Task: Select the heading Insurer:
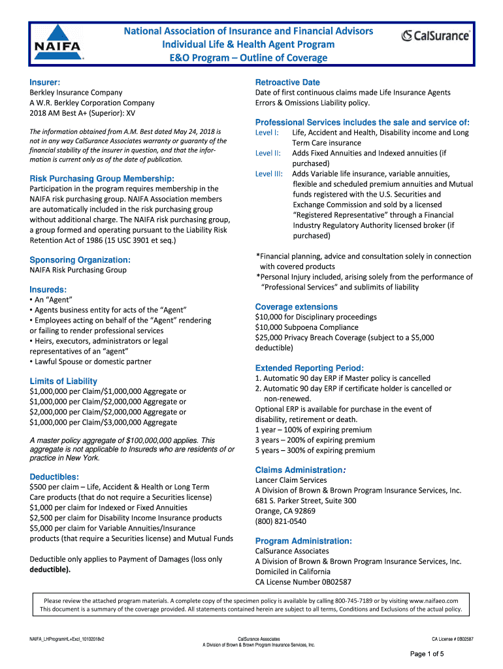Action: [x=45, y=82]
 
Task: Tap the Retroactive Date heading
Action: [x=287, y=82]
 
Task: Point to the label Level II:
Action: [x=268, y=153]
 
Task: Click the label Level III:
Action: [x=268, y=174]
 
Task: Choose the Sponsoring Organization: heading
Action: [x=80, y=259]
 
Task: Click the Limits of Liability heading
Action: [x=63, y=381]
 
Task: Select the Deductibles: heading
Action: [x=54, y=476]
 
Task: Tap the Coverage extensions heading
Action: [x=297, y=306]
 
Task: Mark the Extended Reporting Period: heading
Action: [x=310, y=368]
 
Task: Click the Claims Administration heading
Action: [x=299, y=470]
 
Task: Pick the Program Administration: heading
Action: [x=304, y=541]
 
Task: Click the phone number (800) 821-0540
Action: [x=280, y=521]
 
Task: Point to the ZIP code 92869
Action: [x=304, y=511]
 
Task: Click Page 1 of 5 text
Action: [x=427, y=654]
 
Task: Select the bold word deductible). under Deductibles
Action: [x=50, y=569]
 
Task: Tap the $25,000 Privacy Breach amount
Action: [x=271, y=338]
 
